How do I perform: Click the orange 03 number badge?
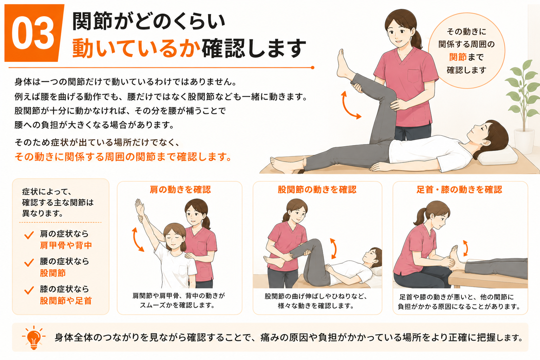pyautogui.click(x=34, y=33)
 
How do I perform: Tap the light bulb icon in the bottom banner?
pyautogui.click(x=34, y=337)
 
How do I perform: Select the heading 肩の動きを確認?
pyautogui.click(x=180, y=189)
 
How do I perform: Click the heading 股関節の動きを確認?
pyautogui.click(x=317, y=189)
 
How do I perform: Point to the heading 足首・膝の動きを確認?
pyautogui.click(x=459, y=189)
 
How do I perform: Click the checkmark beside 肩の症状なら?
pyautogui.click(x=29, y=235)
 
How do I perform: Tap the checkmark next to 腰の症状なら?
pyautogui.click(x=29, y=263)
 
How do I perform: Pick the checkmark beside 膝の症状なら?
pyautogui.click(x=29, y=290)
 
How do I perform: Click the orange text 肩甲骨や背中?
pyautogui.click(x=66, y=245)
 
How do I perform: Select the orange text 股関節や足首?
pyautogui.click(x=66, y=301)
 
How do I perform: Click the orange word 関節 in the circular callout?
pyautogui.click(x=458, y=57)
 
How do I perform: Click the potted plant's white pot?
pyautogui.click(x=524, y=141)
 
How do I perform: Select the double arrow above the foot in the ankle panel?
pyautogui.click(x=465, y=248)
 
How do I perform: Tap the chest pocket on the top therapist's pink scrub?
pyautogui.click(x=414, y=76)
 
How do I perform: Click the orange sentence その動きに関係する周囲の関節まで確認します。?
pyautogui.click(x=123, y=157)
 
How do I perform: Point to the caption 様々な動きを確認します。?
pyautogui.click(x=316, y=306)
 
